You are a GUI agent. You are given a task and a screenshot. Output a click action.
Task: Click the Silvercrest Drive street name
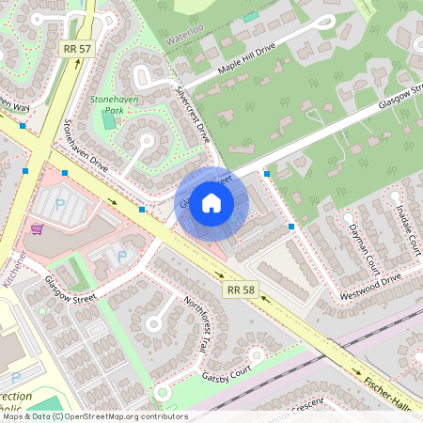[x=192, y=113]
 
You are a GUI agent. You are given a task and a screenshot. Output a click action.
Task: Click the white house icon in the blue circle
[x=211, y=202]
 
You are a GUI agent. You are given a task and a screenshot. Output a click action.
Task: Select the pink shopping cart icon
[x=37, y=228]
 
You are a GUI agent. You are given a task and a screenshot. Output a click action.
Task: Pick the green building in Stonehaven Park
[x=110, y=120]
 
